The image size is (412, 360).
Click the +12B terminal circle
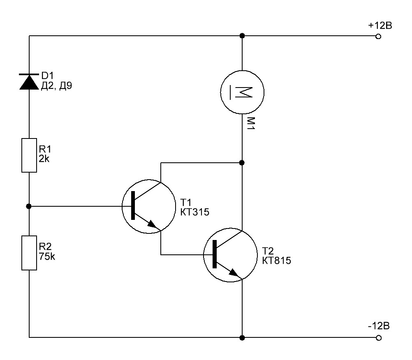click(x=378, y=37)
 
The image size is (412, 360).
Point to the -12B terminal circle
click(x=378, y=338)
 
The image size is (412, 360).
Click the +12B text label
click(x=380, y=25)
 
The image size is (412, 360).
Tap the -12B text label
click(x=379, y=326)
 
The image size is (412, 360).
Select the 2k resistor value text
click(x=44, y=159)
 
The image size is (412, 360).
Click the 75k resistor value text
click(x=47, y=256)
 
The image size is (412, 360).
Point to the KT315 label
click(x=195, y=212)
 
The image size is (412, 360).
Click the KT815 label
click(x=276, y=261)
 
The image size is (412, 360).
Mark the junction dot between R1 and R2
click(x=29, y=206)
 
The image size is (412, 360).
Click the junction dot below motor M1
click(x=242, y=163)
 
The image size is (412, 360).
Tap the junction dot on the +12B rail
click(x=242, y=35)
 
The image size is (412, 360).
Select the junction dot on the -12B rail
click(x=242, y=338)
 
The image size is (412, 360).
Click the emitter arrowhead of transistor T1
click(x=153, y=224)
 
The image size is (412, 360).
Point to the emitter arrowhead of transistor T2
click(x=234, y=273)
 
